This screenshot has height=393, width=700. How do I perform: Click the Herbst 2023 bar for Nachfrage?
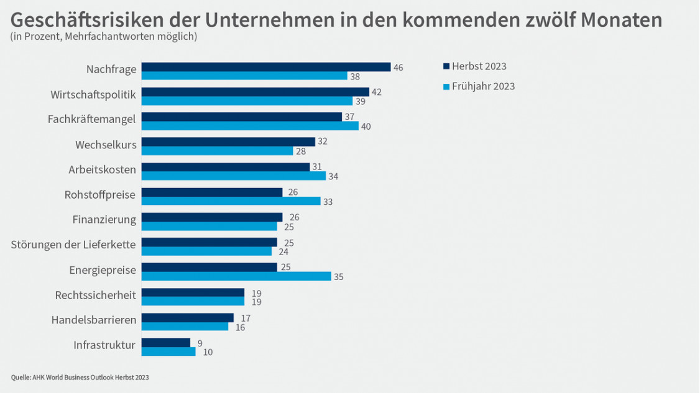click(x=265, y=66)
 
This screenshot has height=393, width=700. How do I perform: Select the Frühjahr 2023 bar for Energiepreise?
click(x=236, y=276)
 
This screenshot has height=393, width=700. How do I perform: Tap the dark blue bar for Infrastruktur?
click(x=165, y=342)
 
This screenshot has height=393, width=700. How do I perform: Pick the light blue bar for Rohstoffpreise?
click(x=231, y=201)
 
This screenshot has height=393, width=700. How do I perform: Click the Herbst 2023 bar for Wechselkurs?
click(x=228, y=142)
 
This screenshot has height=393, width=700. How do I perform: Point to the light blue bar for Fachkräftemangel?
click(x=250, y=126)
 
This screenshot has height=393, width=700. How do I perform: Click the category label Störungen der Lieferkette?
click(x=73, y=244)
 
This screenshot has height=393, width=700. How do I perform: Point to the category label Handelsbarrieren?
click(x=93, y=320)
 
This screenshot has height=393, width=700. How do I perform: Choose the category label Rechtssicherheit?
click(x=95, y=295)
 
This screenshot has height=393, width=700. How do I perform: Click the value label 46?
click(x=398, y=67)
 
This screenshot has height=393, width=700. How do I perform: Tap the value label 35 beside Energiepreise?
click(x=338, y=277)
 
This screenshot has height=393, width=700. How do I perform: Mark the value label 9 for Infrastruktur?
click(x=199, y=343)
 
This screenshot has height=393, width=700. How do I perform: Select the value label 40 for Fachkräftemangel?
click(x=366, y=127)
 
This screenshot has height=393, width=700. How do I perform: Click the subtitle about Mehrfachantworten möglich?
click(x=104, y=37)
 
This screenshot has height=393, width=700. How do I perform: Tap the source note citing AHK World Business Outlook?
click(x=80, y=377)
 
